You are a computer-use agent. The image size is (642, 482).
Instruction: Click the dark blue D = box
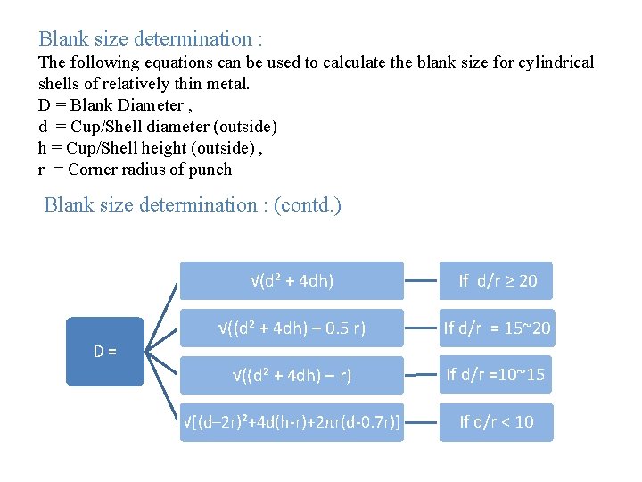pyautogui.click(x=106, y=351)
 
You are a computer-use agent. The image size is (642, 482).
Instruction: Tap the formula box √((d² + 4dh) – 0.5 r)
pyautogui.click(x=292, y=328)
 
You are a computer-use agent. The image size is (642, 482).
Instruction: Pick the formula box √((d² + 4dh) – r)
pyautogui.click(x=292, y=375)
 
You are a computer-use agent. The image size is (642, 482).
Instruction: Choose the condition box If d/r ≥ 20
pyautogui.click(x=497, y=280)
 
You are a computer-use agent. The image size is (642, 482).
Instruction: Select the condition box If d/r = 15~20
pyautogui.click(x=497, y=328)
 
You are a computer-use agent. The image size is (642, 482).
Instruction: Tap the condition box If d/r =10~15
pyautogui.click(x=497, y=375)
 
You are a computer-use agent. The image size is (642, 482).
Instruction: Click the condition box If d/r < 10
pyautogui.click(x=497, y=422)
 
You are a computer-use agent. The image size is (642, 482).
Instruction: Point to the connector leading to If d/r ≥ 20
pyautogui.click(x=423, y=281)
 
